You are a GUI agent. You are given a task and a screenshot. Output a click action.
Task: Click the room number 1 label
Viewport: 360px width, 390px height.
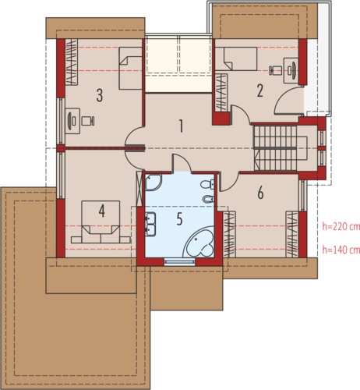point(181,126)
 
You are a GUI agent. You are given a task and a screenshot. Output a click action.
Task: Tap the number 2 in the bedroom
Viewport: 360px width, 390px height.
point(259,90)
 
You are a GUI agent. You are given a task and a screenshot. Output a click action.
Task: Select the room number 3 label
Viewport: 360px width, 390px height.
point(100,95)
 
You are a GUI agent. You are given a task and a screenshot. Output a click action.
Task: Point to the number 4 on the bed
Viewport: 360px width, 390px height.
point(101,211)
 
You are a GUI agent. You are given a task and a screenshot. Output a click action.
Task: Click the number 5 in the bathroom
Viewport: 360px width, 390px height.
point(179,218)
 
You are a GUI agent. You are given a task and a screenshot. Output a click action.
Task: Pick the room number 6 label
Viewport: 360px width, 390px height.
point(260,193)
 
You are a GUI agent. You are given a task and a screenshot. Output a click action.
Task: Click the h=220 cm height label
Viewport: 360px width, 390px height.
point(341,226)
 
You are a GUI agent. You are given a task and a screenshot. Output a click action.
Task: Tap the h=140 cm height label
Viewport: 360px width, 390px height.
point(341,250)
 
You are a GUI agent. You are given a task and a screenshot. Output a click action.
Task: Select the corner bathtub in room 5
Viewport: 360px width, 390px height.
point(199,242)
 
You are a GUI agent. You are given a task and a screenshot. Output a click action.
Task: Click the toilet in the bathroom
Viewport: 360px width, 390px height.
point(207,184)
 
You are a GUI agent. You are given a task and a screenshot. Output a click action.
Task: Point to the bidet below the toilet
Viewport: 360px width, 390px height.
point(208,199)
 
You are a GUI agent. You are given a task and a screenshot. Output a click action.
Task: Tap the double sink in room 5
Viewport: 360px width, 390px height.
point(150,225)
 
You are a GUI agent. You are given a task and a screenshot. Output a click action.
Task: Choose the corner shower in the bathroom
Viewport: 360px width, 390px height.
point(154,183)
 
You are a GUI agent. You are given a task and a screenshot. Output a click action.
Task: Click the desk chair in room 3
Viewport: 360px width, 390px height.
point(88,121)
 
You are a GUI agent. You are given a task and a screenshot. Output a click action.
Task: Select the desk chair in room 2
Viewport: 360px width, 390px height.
point(275,70)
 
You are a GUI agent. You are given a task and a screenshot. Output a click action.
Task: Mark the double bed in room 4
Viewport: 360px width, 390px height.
point(101,222)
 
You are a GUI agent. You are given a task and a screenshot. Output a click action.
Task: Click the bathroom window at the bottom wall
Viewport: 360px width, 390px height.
point(180,262)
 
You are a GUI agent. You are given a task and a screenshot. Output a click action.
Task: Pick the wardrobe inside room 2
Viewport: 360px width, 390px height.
point(221,93)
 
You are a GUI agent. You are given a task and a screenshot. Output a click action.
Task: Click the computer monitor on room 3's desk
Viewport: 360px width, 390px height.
point(70,120)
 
